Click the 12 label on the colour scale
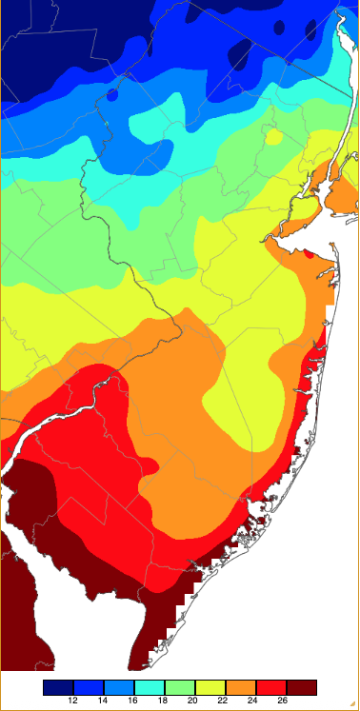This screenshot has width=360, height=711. pyautogui.click(x=72, y=701)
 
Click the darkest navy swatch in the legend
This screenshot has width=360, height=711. pyautogui.click(x=57, y=687)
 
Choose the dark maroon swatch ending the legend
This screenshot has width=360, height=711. pyautogui.click(x=301, y=687)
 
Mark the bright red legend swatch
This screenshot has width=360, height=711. pyautogui.click(x=270, y=687)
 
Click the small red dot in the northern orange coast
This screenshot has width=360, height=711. pyautogui.click(x=307, y=254)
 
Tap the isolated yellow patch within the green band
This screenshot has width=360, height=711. pyautogui.click(x=274, y=136)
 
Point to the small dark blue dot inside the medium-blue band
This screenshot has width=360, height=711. pyautogui.click(x=112, y=94)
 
